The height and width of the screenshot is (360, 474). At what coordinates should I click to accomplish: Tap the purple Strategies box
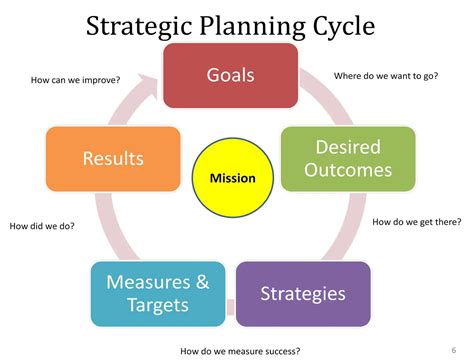303,294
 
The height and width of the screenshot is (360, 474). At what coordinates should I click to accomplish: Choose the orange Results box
113,158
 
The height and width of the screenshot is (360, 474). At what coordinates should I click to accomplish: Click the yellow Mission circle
232,179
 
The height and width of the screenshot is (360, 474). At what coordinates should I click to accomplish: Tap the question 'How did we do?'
42,226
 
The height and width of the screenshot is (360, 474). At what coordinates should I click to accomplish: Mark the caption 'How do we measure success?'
240,351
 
